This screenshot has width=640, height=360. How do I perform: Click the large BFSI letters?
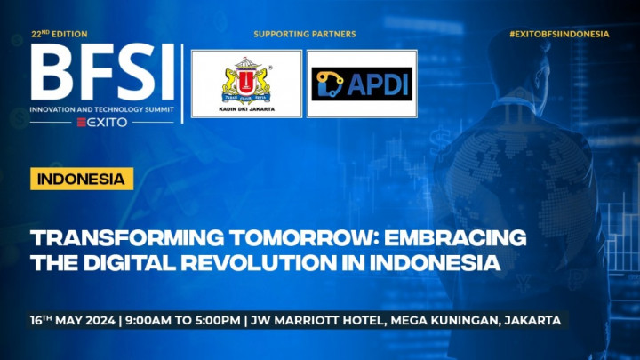coord(102,73)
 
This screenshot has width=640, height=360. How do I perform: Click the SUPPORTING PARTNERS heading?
coord(304,34)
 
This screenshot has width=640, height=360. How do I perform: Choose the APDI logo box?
coord(362,84)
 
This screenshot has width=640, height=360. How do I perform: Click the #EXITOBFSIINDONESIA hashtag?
coord(559,34)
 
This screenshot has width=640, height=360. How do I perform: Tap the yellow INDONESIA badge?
coord(82,179)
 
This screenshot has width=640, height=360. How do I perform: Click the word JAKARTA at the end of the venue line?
coord(529,320)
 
